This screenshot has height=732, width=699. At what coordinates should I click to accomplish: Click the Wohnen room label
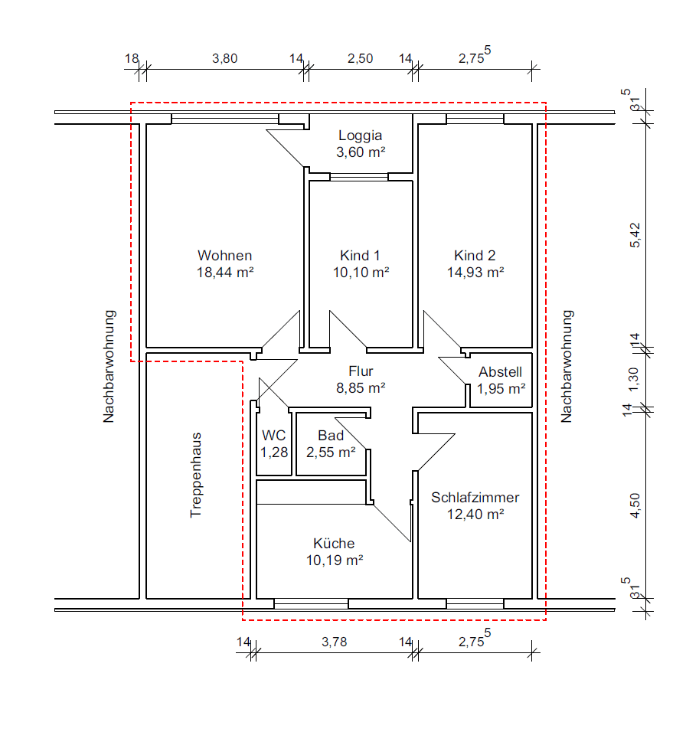tap(224, 256)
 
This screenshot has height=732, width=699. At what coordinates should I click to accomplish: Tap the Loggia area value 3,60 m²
tap(361, 152)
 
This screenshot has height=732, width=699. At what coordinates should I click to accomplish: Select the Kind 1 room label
tap(360, 256)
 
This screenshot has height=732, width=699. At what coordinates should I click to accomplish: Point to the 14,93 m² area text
tap(475, 272)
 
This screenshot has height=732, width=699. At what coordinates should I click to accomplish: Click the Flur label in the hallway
tap(361, 371)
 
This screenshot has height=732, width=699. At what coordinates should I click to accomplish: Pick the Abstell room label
tap(500, 372)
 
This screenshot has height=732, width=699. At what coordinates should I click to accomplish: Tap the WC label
tap(273, 436)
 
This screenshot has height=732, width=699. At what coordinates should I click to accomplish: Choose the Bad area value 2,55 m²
tap(331, 453)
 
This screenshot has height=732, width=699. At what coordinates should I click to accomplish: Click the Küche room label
tap(334, 544)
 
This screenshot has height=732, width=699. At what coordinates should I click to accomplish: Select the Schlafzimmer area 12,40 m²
tap(475, 515)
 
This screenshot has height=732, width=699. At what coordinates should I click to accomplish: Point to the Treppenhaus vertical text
tap(196, 475)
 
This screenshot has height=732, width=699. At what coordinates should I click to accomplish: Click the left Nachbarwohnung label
tap(109, 367)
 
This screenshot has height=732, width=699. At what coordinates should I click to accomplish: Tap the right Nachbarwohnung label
tap(567, 367)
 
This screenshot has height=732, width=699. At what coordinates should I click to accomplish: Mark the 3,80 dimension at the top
tap(224, 58)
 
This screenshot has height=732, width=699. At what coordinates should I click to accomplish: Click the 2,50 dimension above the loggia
tap(360, 58)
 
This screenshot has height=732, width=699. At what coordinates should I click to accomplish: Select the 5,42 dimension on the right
tap(635, 235)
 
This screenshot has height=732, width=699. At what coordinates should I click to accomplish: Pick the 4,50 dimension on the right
tap(635, 505)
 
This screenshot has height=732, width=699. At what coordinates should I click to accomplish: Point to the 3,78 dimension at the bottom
tap(334, 642)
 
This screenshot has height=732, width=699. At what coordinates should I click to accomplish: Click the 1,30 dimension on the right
tap(633, 380)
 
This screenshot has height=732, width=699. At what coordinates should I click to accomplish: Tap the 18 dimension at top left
tap(132, 58)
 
